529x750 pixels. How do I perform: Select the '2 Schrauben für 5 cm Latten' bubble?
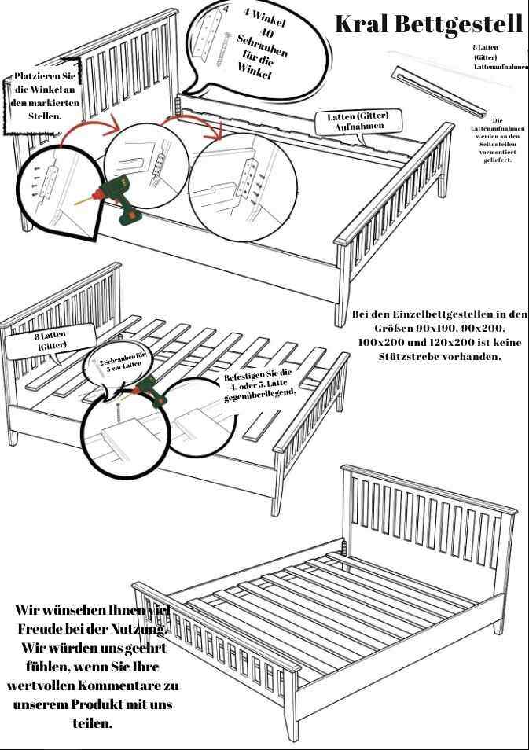[x=120, y=363]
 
